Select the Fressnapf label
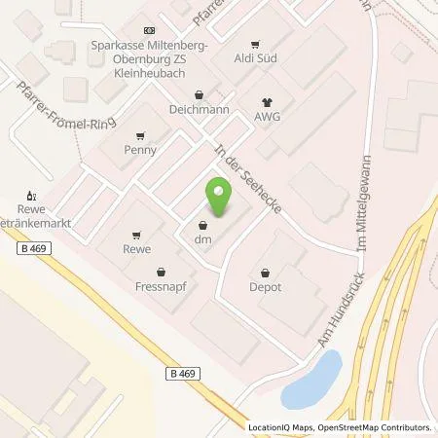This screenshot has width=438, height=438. [x=162, y=288]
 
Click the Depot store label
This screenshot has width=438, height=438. [x=266, y=287]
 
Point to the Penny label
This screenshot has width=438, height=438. [x=140, y=151]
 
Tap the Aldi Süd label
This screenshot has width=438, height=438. [x=257, y=60]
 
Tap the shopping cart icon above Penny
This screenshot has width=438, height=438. [x=140, y=136]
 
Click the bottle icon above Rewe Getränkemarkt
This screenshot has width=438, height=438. [x=31, y=195]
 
